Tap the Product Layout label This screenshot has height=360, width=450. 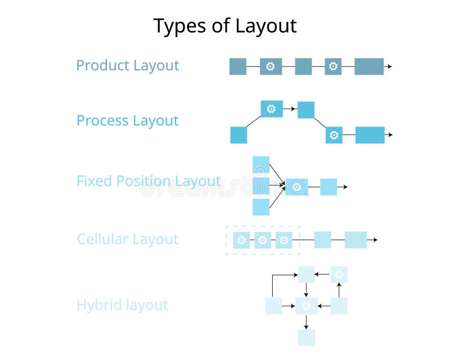(127, 65)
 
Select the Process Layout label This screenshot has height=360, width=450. (127, 120)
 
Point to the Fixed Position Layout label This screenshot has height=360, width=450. (148, 181)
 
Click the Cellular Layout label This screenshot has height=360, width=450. (127, 239)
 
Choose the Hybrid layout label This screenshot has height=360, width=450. (122, 305)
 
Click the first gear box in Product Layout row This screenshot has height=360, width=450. (271, 66)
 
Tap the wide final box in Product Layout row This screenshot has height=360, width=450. (369, 66)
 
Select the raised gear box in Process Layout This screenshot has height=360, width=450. (272, 109)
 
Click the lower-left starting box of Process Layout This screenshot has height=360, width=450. (238, 135)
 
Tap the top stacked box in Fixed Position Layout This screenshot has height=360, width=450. (261, 164)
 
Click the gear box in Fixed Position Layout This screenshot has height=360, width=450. (296, 187)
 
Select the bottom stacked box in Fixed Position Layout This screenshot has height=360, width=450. (261, 207)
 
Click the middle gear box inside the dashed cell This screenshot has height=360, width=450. (263, 240)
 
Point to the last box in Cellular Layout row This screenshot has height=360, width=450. (355, 240)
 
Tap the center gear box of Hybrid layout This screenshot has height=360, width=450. (306, 306)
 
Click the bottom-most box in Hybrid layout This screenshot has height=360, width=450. (306, 337)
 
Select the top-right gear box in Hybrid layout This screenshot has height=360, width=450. (339, 274)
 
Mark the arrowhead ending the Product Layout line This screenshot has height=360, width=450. (389, 66)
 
